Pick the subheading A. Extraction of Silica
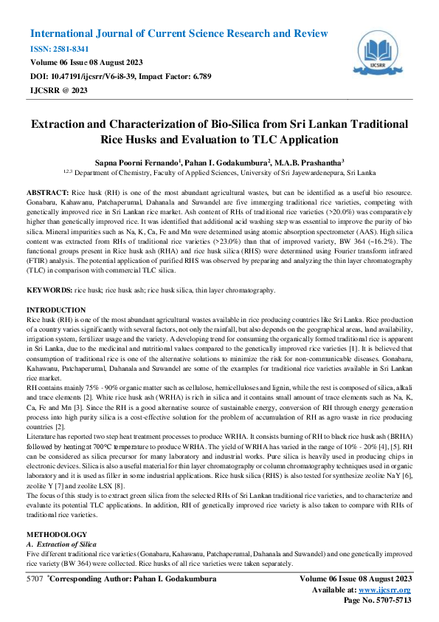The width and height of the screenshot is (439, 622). click(x=61, y=543)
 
